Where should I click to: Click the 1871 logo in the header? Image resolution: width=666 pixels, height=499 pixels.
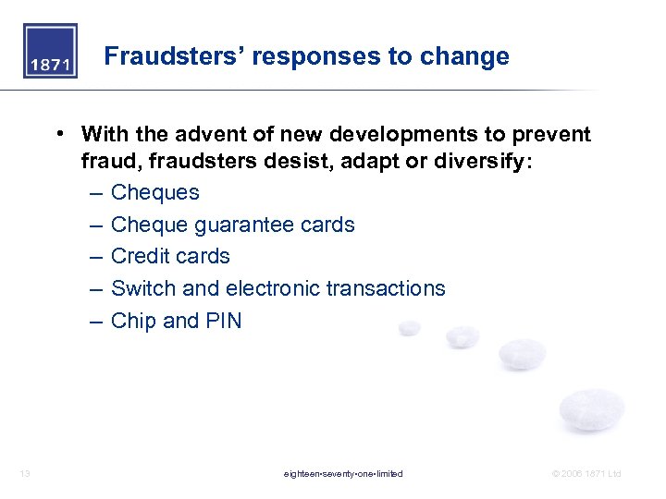point(50,52)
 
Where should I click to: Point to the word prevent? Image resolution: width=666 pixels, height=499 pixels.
point(550,135)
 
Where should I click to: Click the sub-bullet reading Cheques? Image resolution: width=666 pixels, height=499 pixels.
point(154,192)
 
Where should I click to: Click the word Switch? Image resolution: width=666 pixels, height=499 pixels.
point(143,288)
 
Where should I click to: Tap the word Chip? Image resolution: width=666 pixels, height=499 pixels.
point(133,321)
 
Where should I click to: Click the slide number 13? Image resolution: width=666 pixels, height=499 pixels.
point(25,474)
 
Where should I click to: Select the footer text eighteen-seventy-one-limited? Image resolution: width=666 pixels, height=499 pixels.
point(343,474)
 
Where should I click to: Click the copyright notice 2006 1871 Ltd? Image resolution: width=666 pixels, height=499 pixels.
point(586,474)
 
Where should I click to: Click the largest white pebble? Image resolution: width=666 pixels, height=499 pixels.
point(592,409)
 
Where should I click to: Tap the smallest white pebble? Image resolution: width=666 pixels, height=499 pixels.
point(409,328)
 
